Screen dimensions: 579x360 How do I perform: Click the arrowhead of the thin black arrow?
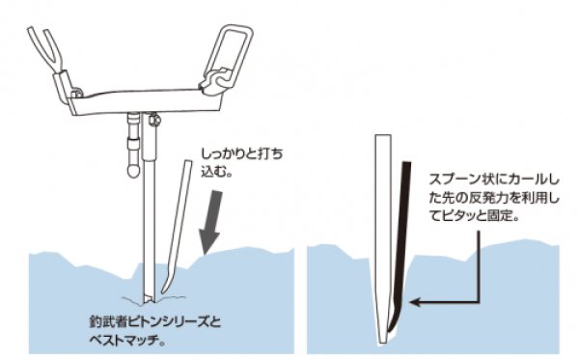click(x=414, y=301)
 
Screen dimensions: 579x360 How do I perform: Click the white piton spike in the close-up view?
click(x=382, y=241)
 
